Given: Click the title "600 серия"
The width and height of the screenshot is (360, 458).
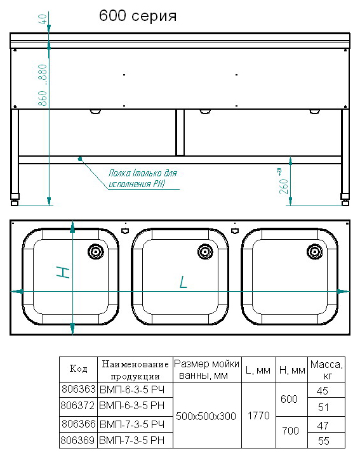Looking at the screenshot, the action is (138, 16).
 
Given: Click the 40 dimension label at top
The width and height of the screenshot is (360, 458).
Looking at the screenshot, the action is (43, 19).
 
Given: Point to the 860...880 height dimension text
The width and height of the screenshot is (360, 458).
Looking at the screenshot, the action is (43, 85).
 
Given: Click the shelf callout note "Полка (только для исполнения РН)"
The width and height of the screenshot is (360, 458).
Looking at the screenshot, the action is (143, 178).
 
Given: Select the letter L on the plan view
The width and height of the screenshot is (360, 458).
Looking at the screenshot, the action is (183, 282).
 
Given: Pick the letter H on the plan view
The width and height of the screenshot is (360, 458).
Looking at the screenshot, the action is (63, 272).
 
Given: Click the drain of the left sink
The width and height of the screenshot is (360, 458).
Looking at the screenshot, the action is (96, 251).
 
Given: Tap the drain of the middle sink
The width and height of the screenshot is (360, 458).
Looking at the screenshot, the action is (205, 251).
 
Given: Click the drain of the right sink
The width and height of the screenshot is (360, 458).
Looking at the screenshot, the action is (315, 251).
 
